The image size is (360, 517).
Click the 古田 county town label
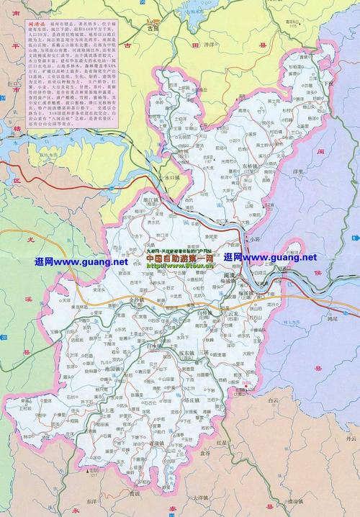(x=152, y=28)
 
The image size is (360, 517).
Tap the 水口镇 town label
(x=170, y=175)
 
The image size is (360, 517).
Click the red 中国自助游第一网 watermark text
(x=180, y=257)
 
